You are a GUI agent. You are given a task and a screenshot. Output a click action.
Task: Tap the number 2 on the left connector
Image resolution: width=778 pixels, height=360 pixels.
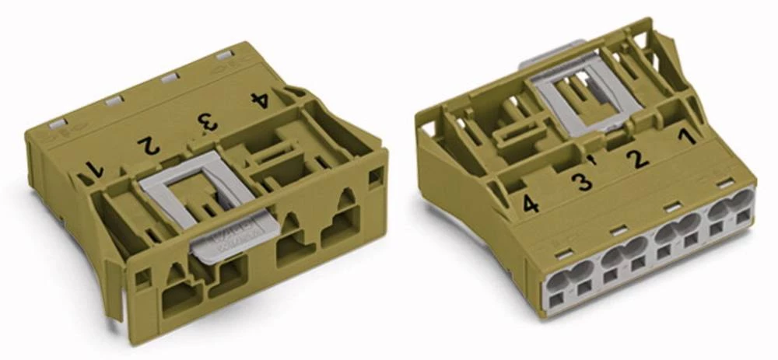click(x=148, y=144)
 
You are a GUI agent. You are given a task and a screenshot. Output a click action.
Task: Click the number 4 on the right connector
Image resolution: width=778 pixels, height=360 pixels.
click(x=531, y=204)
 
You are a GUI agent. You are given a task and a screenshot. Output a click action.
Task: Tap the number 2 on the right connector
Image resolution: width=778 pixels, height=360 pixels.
click(x=638, y=159)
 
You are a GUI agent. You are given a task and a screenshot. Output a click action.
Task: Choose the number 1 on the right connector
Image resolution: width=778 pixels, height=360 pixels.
click(x=685, y=138)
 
